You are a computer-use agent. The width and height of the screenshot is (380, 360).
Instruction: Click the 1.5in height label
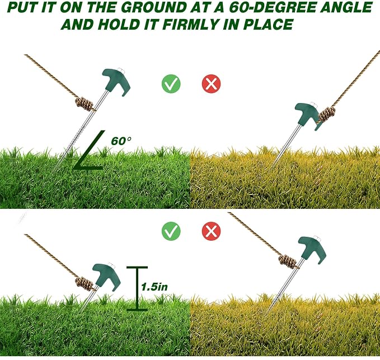tap(154, 287)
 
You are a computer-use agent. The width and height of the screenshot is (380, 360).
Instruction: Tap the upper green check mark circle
tap(171, 83)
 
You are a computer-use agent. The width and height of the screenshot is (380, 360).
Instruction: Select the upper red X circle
tap(212, 83)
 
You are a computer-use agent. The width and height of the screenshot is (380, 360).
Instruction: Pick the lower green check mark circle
tap(171, 231)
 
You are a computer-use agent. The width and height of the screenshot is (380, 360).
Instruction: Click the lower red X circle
tap(212, 231)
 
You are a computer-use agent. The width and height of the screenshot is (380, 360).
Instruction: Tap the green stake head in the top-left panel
tap(117, 81)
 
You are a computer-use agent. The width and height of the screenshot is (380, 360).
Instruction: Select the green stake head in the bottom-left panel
tap(107, 277)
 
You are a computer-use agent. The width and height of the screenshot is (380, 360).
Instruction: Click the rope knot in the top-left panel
tap(85, 104)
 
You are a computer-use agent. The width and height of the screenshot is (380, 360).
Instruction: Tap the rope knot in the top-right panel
tap(327, 114)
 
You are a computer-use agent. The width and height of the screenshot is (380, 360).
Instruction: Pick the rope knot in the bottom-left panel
tap(84, 283)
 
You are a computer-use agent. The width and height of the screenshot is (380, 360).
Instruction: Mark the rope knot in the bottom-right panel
tap(288, 261)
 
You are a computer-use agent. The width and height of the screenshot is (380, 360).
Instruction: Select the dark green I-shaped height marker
tap(137, 288)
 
